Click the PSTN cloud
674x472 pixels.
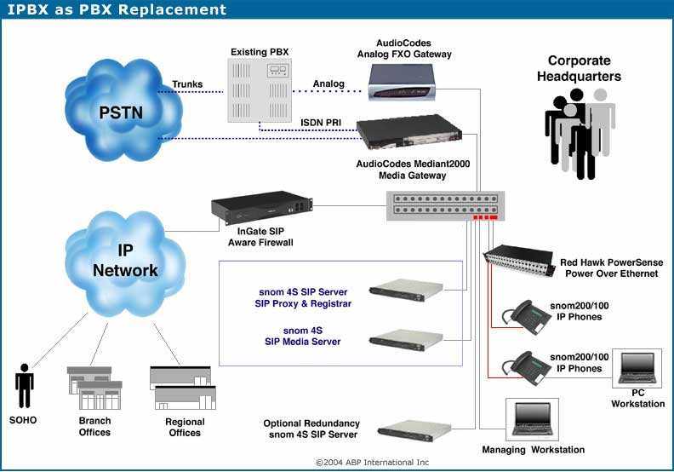coord(123,110)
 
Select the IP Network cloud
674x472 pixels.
coord(124,263)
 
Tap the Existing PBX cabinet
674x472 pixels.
coord(260,90)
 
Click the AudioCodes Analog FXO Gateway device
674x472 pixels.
coord(402,82)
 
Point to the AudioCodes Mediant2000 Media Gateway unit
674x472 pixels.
coord(409,132)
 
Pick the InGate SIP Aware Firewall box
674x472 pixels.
coord(261,208)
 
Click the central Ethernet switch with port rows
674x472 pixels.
coord(445,205)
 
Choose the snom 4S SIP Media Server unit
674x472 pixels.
coord(406,339)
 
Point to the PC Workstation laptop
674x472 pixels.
coord(637,368)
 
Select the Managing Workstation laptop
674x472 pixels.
coord(532,419)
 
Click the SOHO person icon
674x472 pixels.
coord(24,385)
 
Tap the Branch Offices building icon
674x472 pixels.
coord(94,388)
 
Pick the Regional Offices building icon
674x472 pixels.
coord(183,388)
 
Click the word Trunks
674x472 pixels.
coord(187,83)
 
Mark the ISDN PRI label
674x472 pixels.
coord(321,123)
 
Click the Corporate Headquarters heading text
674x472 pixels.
coord(580,68)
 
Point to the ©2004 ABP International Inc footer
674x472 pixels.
coord(372,462)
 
